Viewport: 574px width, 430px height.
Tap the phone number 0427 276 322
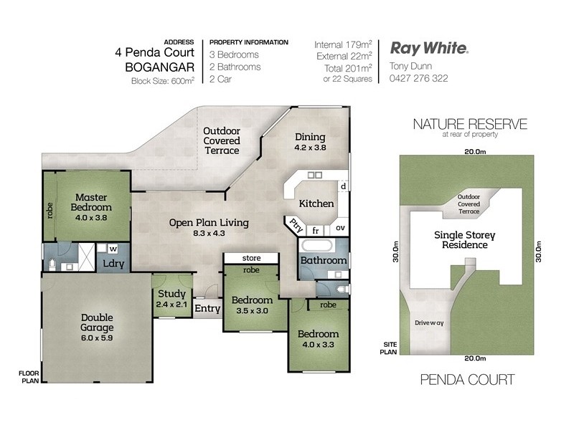click(x=419, y=78)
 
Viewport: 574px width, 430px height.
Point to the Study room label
click(x=171, y=298)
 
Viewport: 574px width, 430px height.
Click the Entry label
click(x=207, y=309)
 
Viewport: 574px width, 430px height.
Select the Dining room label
click(x=310, y=142)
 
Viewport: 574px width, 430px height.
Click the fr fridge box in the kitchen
click(x=315, y=231)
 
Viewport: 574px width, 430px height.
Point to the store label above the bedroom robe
click(x=250, y=258)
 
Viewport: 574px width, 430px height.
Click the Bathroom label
click(x=323, y=260)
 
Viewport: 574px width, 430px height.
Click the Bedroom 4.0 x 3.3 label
click(x=319, y=339)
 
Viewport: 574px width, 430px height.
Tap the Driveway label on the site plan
click(x=429, y=323)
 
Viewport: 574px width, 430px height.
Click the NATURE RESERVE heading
click(x=470, y=124)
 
